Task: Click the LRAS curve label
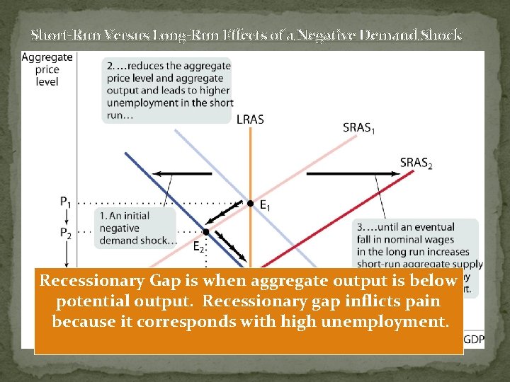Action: click(250, 120)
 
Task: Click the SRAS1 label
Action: click(360, 127)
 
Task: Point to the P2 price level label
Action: click(65, 232)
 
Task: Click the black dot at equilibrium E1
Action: click(249, 204)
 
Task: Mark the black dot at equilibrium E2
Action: click(206, 231)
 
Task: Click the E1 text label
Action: click(265, 206)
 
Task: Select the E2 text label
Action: click(198, 246)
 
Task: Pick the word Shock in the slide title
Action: click(441, 34)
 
